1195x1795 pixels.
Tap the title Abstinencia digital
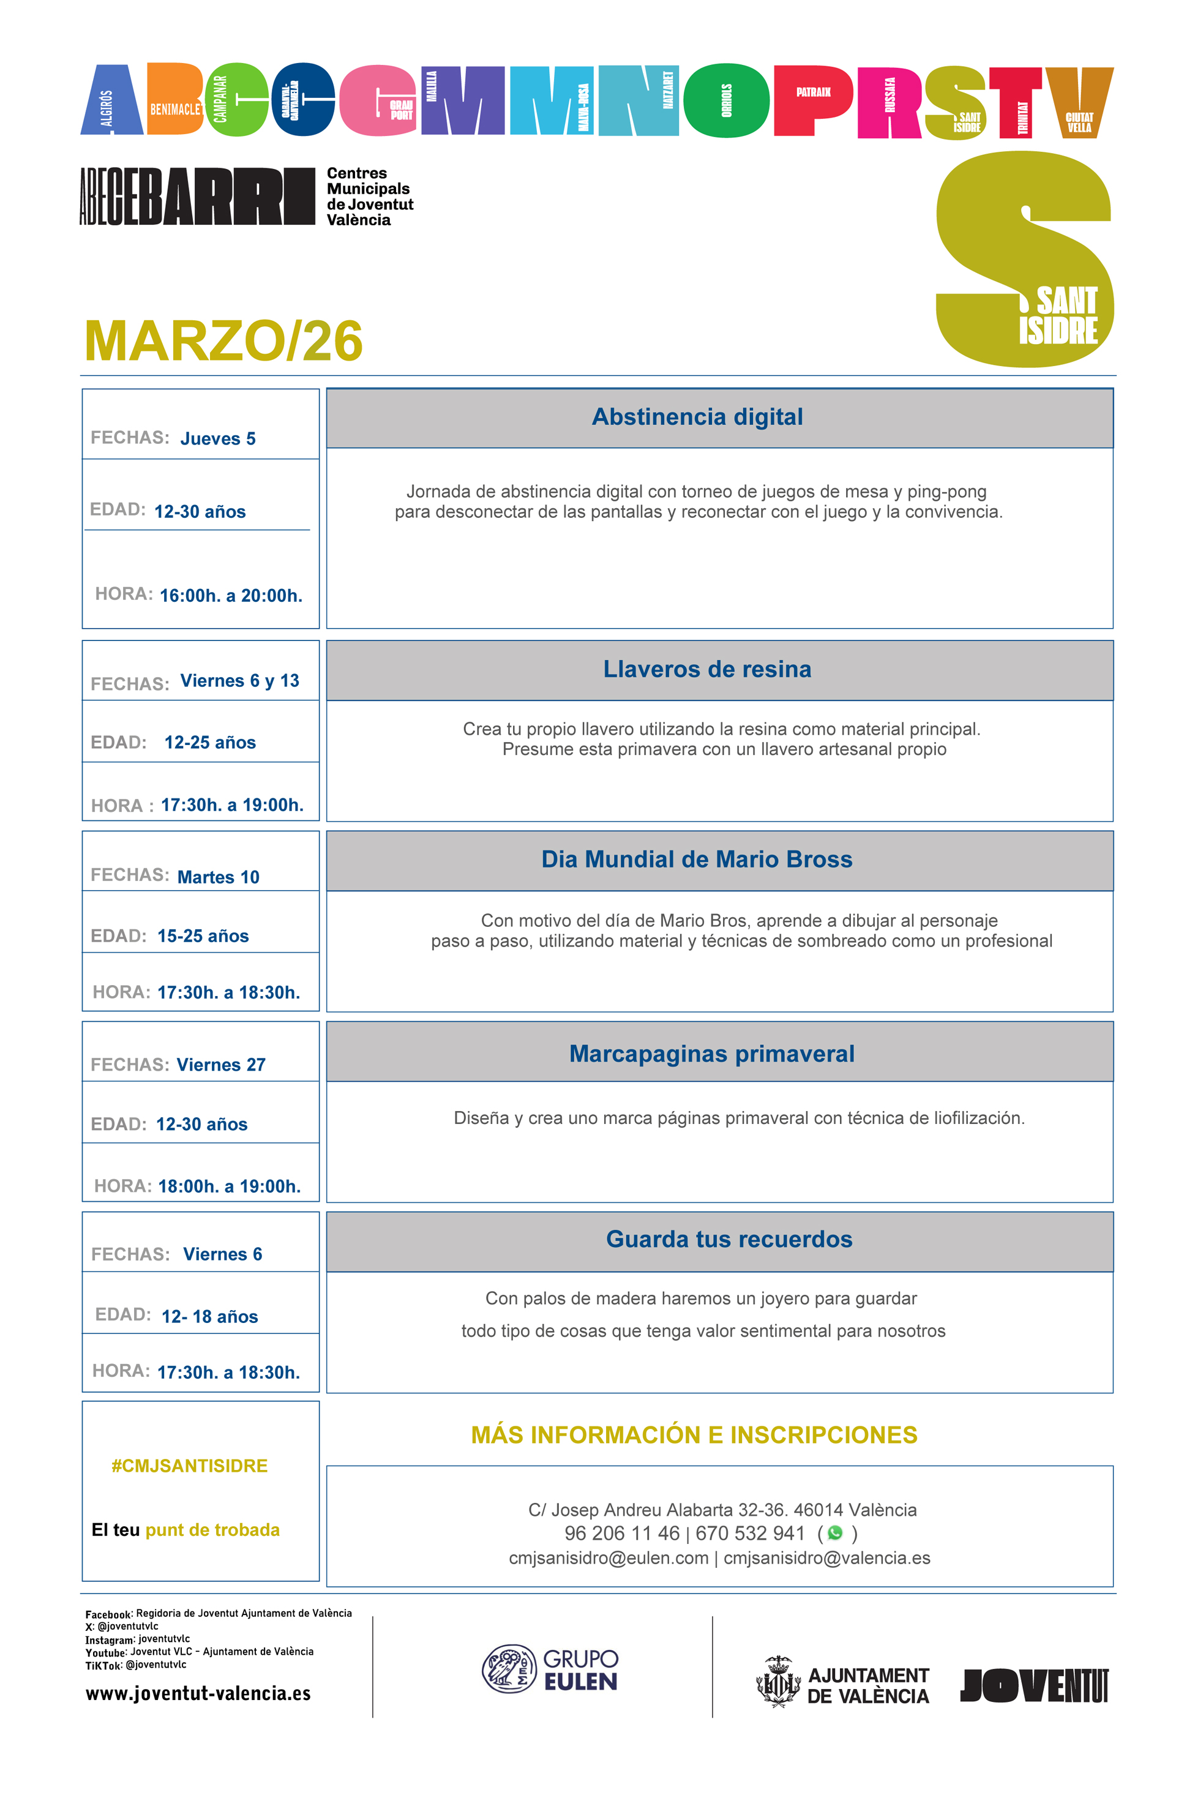(697, 417)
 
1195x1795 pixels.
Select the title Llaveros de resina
(706, 669)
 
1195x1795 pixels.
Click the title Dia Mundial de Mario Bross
(697, 859)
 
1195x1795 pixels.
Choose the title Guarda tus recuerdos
(729, 1239)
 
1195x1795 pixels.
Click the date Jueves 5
(218, 439)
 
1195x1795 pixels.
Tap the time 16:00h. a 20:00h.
(231, 596)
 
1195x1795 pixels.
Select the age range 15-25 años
(203, 936)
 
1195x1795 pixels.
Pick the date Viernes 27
(221, 1065)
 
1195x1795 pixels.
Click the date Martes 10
(218, 877)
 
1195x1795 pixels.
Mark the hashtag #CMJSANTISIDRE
(189, 1466)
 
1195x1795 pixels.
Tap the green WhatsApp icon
(835, 1533)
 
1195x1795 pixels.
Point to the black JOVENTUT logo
(1033, 1685)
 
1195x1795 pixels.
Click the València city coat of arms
(777, 1681)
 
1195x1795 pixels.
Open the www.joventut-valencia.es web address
(198, 1693)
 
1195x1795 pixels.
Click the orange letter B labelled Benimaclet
(174, 99)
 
